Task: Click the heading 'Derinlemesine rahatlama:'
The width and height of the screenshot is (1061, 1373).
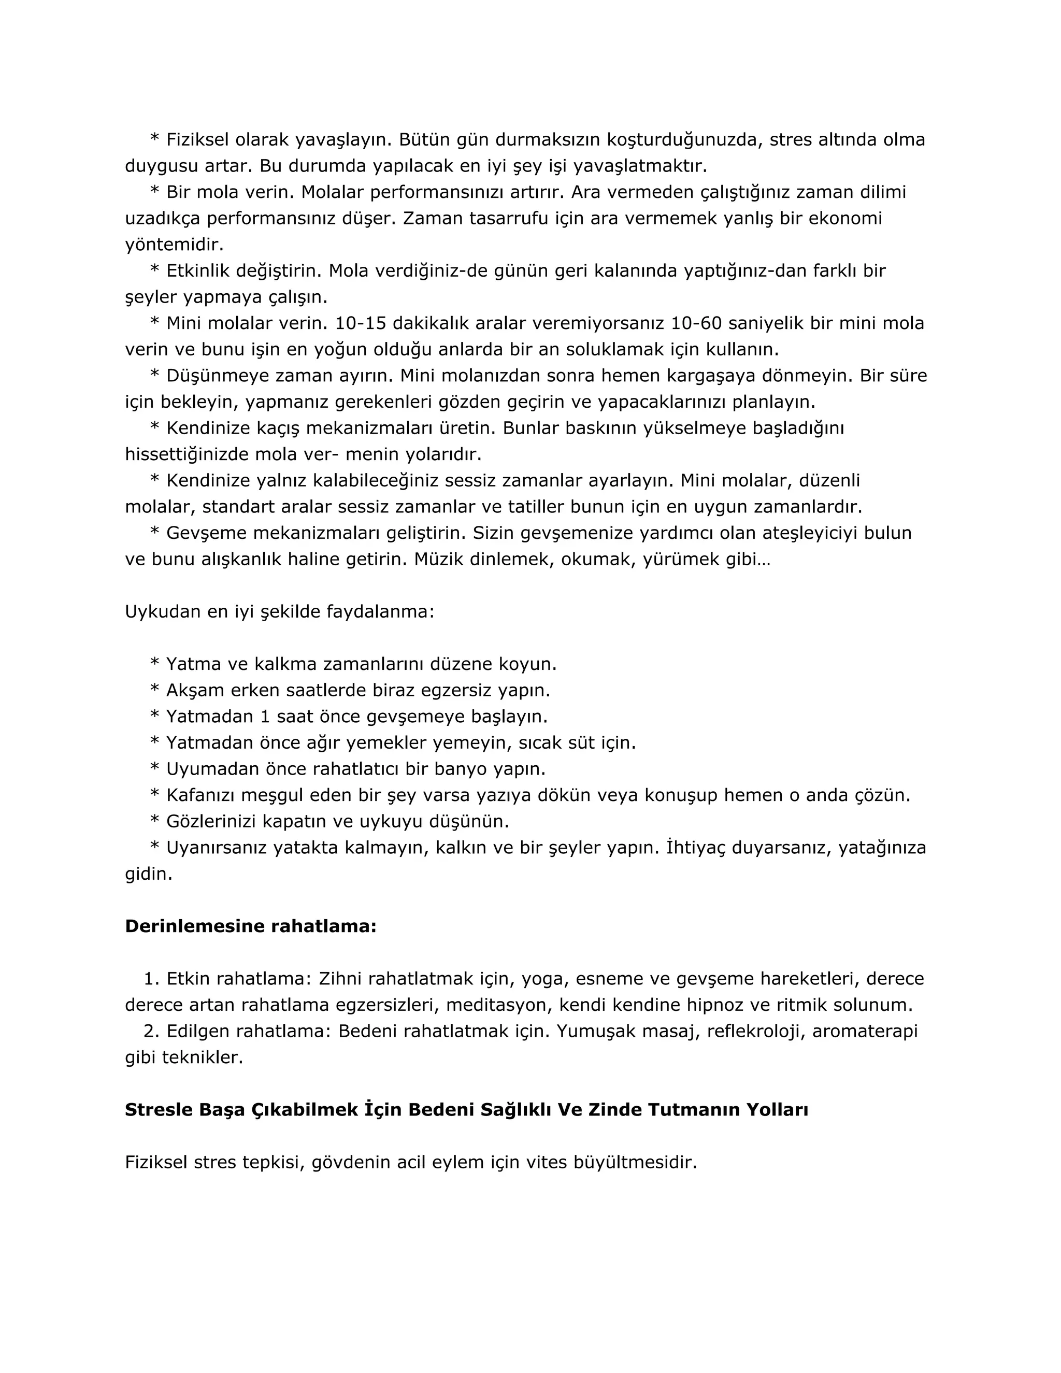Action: [250, 926]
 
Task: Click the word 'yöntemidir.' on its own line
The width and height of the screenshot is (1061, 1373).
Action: [174, 245]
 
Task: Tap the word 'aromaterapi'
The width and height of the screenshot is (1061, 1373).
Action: [865, 1031]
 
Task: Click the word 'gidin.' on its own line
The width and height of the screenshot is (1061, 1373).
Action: [148, 874]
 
